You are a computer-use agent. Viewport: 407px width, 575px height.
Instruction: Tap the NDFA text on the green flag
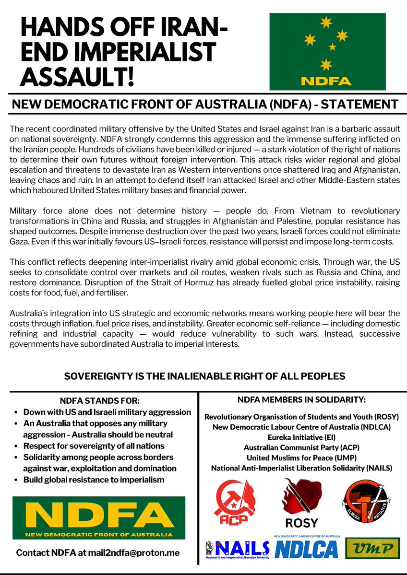coord(327,81)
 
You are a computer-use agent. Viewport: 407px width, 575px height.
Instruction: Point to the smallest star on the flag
coord(332,47)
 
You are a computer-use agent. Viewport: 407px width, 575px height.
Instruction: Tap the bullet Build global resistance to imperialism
coord(94,480)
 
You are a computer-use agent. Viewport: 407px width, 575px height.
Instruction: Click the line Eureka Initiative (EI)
coord(301,437)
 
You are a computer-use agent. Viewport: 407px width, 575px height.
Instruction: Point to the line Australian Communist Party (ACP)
coord(301,447)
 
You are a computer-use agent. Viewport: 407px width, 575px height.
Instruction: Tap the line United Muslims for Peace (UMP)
coord(301,458)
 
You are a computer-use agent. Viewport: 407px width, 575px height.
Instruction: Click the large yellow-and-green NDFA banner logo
coord(99,518)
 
